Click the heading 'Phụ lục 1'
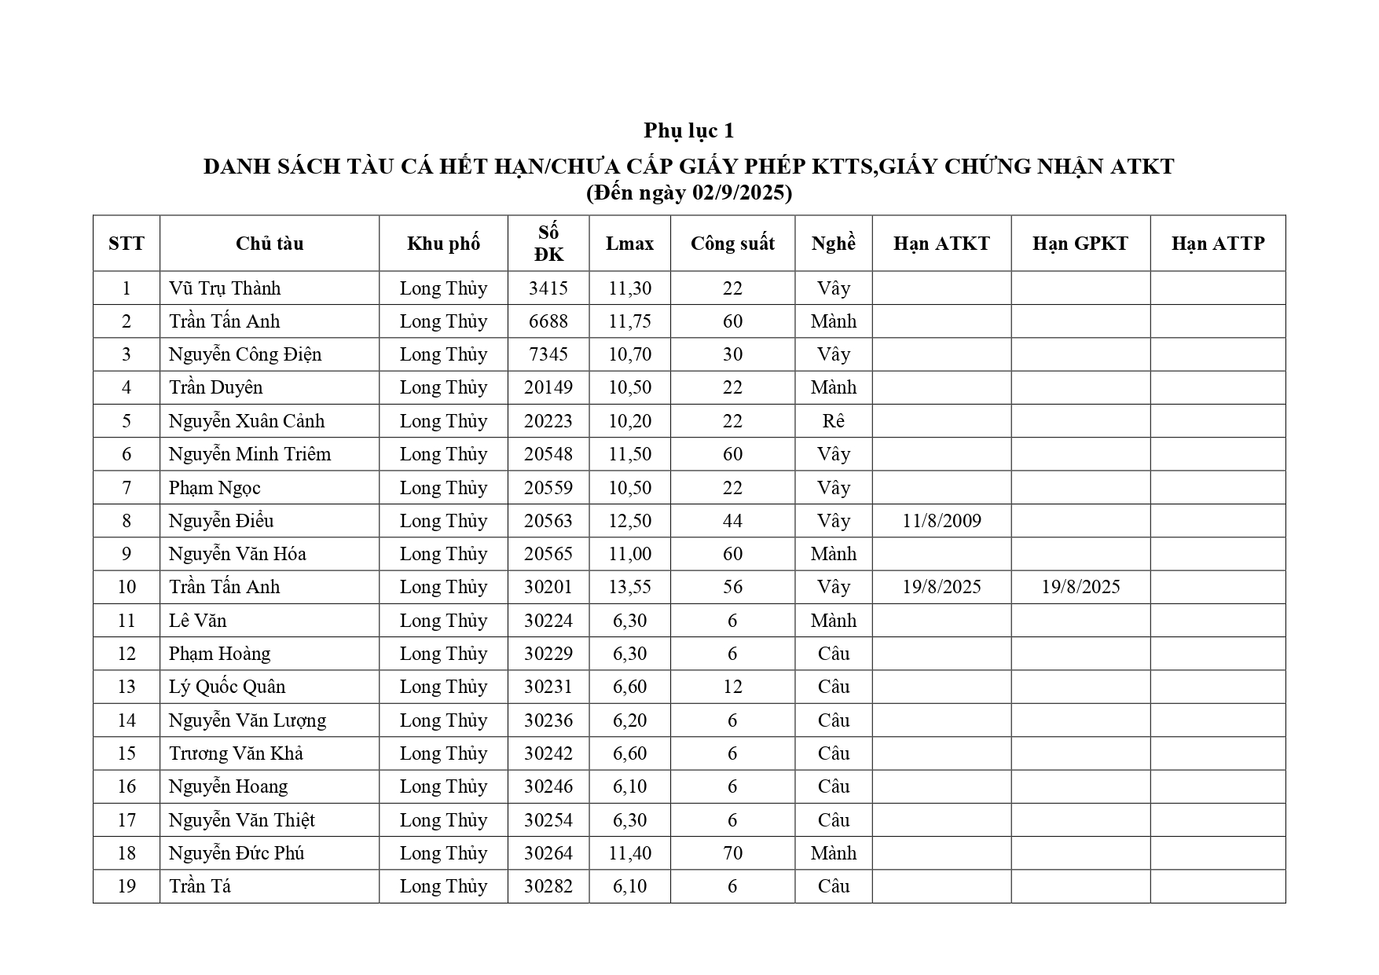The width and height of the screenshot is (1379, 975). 688,130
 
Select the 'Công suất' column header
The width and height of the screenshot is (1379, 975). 732,244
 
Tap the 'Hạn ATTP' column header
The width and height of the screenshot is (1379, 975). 1217,244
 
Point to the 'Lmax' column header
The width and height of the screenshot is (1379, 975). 629,244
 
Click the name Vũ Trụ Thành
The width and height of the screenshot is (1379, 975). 225,288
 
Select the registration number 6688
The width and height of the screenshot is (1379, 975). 548,321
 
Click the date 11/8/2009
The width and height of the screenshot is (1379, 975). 941,521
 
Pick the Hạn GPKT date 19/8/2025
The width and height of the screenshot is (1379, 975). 1080,587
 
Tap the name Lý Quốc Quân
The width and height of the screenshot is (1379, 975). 227,687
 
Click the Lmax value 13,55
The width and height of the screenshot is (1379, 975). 629,587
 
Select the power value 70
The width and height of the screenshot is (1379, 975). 732,853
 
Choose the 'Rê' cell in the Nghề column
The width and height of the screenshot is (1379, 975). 833,421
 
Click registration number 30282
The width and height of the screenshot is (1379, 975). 548,886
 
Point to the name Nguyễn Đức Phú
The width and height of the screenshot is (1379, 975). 237,853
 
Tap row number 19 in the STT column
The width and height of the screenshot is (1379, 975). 127,886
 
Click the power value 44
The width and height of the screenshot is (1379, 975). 732,521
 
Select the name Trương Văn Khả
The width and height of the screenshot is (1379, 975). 236,753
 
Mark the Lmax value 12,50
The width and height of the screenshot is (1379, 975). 629,521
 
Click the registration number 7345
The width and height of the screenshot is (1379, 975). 548,354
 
